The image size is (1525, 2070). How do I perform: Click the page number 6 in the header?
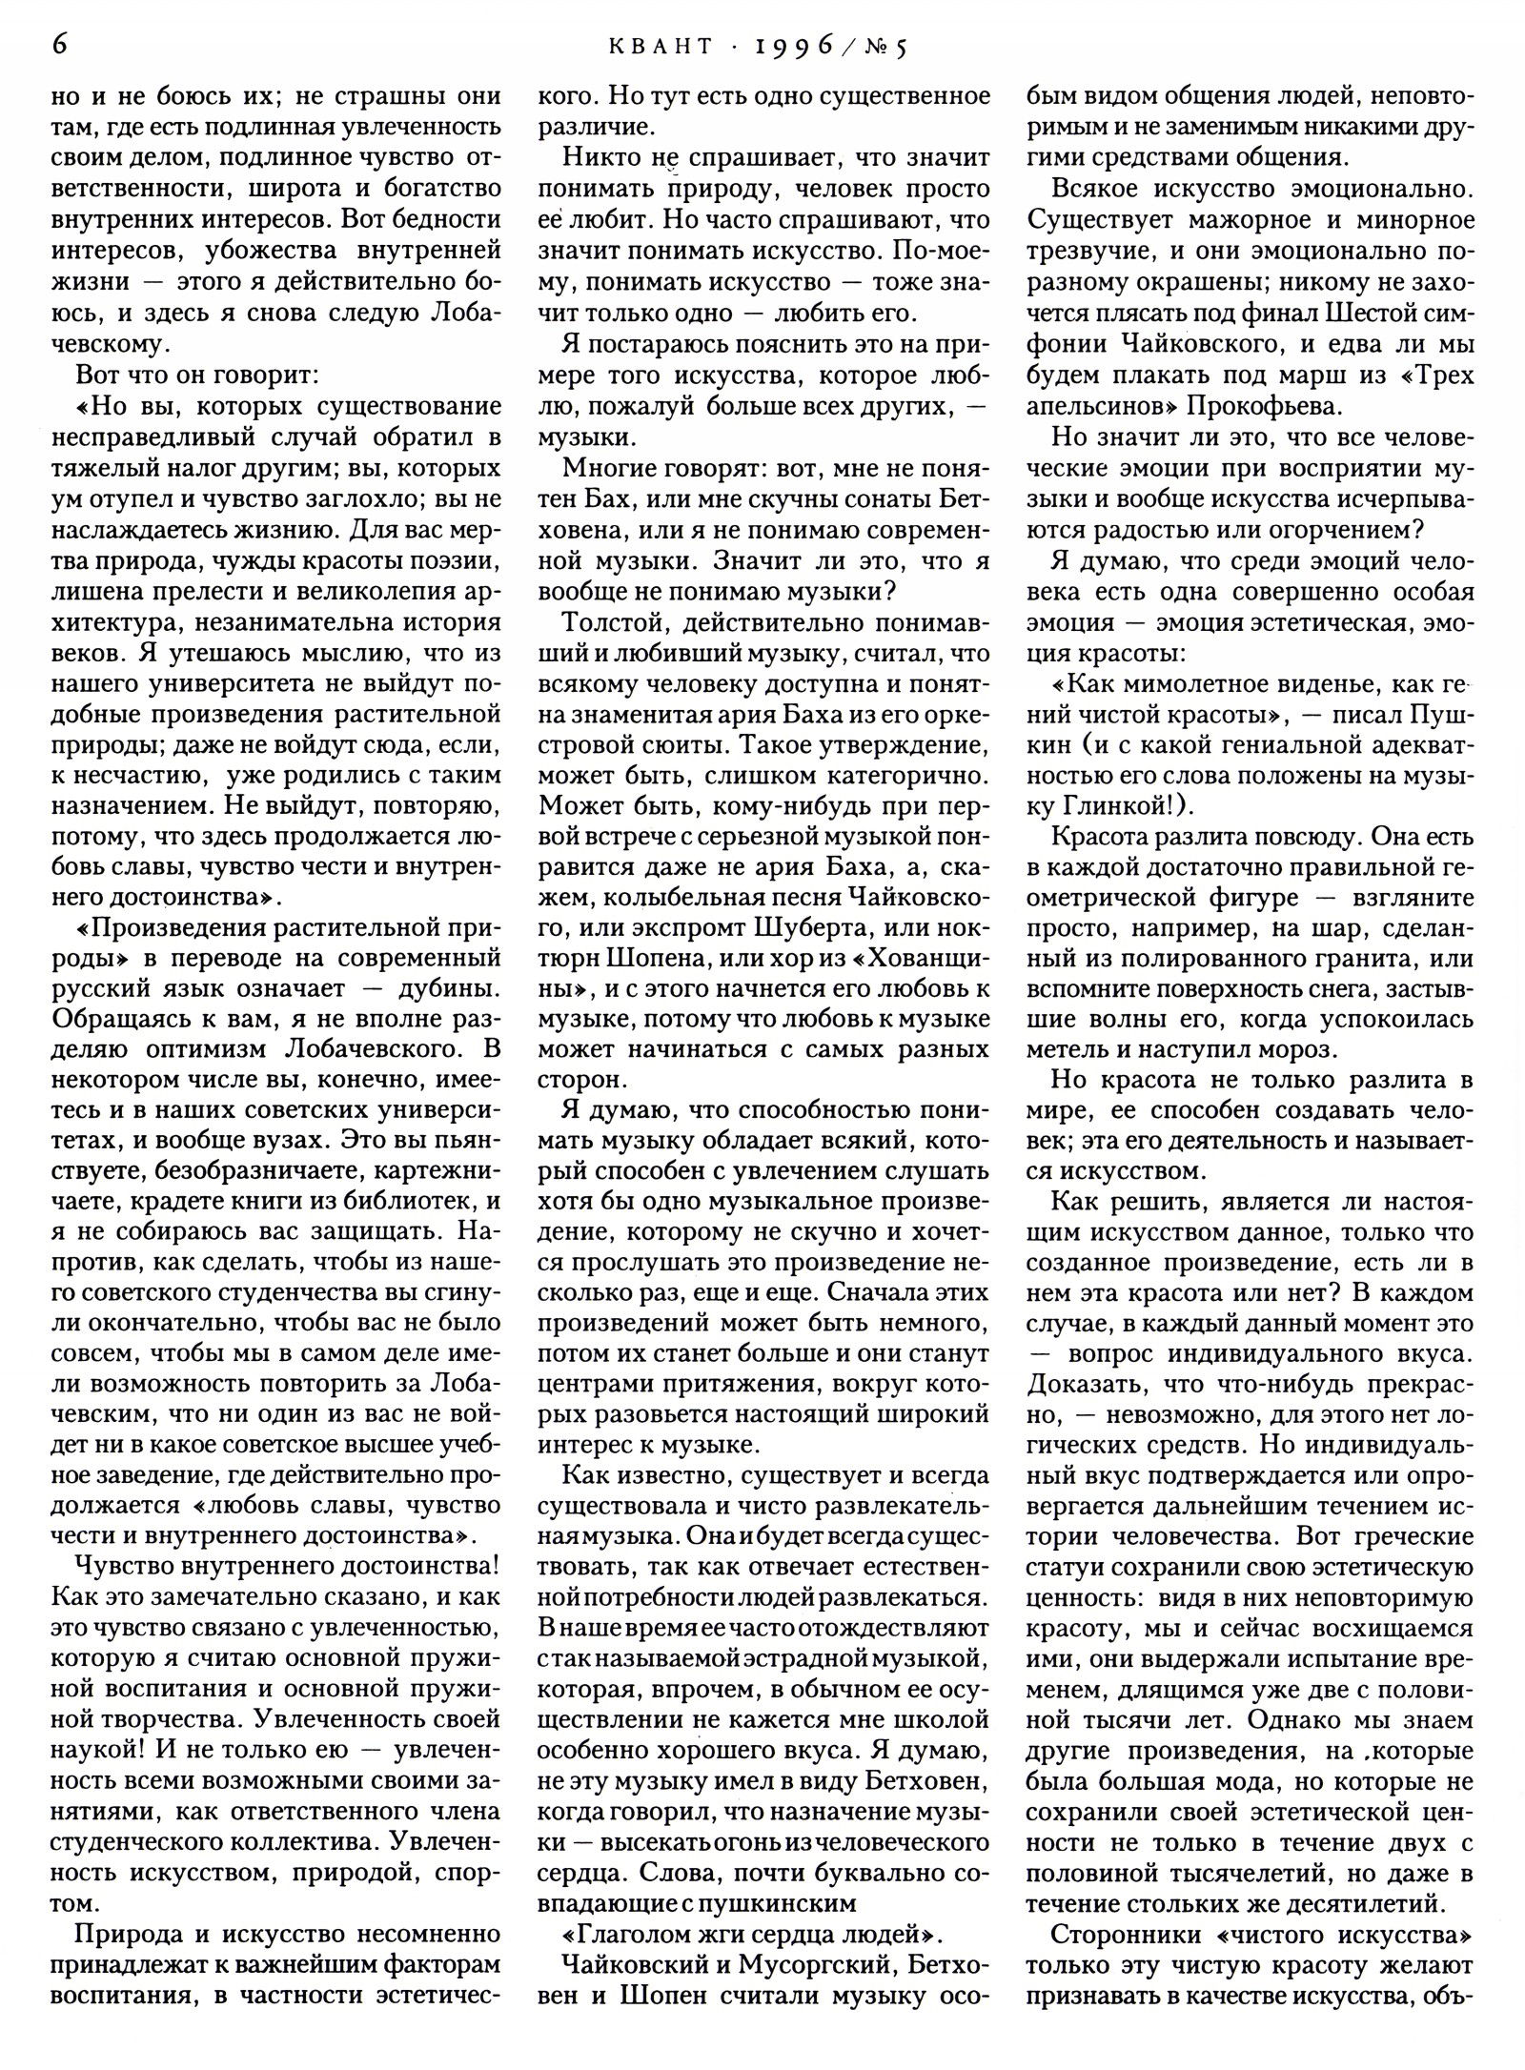click(60, 45)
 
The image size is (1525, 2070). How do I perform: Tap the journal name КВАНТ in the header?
click(663, 47)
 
